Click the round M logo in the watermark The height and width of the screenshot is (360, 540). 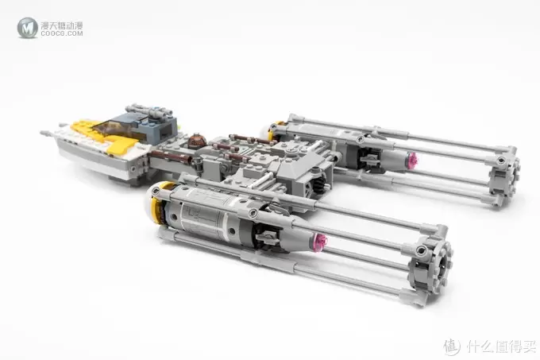[27, 28]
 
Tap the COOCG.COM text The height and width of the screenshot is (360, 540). [62, 33]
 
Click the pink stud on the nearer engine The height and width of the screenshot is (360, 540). [321, 240]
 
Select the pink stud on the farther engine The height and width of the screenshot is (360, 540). [412, 159]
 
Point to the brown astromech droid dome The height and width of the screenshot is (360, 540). [197, 140]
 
